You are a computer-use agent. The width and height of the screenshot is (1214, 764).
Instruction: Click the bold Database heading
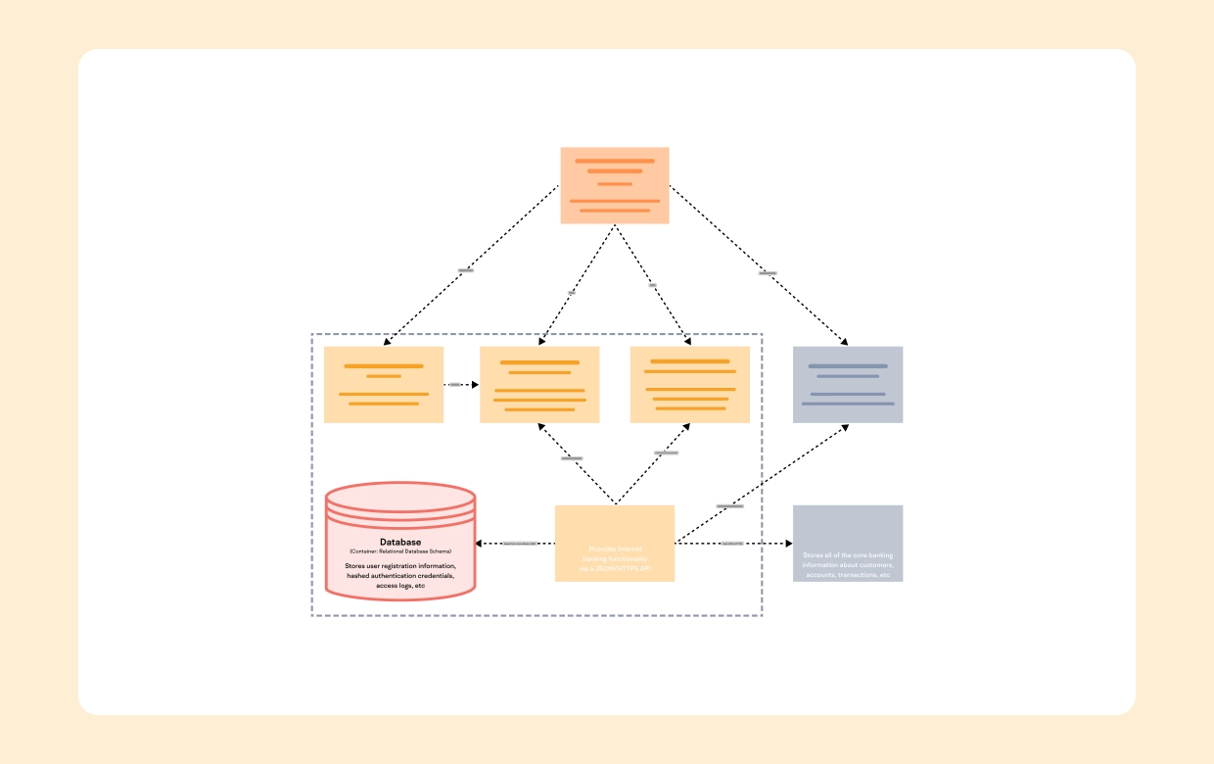click(400, 542)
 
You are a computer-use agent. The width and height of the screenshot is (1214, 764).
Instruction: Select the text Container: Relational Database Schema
click(400, 552)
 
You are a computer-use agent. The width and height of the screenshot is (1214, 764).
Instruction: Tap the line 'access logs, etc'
click(400, 586)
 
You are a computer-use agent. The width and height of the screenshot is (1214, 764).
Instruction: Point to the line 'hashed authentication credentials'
click(400, 576)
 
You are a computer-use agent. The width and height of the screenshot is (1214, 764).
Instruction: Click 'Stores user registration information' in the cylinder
click(400, 566)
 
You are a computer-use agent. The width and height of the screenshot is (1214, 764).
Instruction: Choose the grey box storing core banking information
click(847, 543)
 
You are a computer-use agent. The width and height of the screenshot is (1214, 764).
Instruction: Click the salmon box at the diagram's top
click(615, 185)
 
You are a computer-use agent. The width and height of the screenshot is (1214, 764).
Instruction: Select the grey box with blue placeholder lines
click(847, 384)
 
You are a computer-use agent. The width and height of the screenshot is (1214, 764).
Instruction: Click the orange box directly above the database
click(384, 384)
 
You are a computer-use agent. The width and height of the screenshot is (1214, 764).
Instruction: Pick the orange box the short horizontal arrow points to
click(539, 384)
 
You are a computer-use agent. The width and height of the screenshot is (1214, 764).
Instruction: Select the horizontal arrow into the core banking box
click(733, 543)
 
